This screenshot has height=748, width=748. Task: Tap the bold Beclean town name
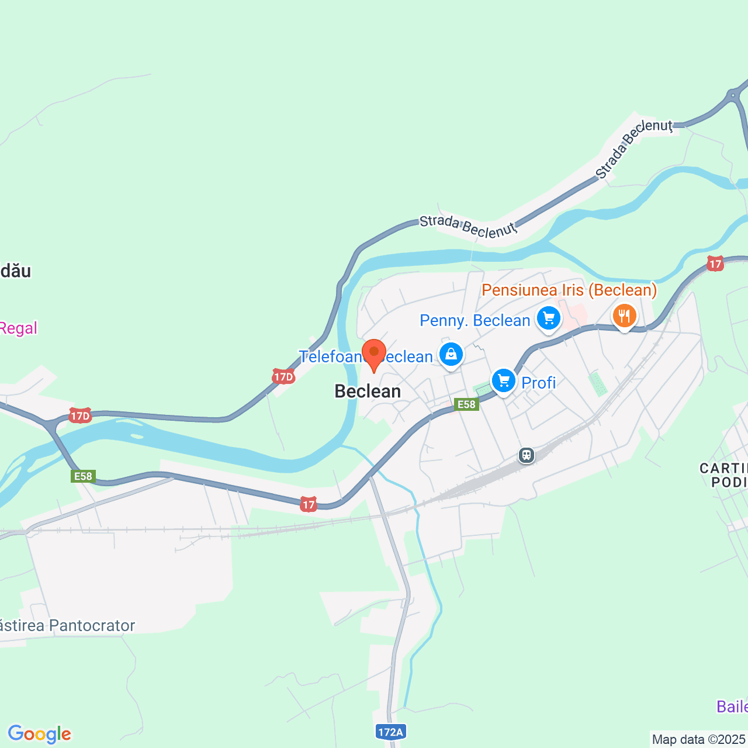[x=368, y=392]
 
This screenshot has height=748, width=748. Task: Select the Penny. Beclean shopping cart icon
[x=548, y=318]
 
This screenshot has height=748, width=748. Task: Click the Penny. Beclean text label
[x=475, y=321]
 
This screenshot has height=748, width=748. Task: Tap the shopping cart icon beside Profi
[x=503, y=381]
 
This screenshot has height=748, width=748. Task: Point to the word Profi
[x=538, y=383]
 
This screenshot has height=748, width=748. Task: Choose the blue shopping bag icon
[x=451, y=354]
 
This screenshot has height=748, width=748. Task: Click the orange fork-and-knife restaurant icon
[x=624, y=316]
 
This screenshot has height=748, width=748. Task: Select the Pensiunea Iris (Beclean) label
[x=569, y=290]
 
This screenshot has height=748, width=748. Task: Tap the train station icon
[x=527, y=455]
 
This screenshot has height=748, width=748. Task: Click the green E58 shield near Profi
[x=466, y=404]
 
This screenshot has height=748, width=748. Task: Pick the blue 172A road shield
[x=390, y=732]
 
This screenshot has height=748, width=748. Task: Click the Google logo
[x=39, y=734]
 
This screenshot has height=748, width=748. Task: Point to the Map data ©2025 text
[x=698, y=740]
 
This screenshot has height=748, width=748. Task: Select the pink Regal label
[x=18, y=328]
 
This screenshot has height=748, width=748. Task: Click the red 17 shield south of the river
[x=308, y=504]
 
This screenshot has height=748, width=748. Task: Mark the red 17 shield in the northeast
[x=715, y=264]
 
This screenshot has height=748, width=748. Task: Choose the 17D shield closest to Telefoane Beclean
[x=283, y=377]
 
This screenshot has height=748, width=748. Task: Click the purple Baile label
[x=732, y=707]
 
